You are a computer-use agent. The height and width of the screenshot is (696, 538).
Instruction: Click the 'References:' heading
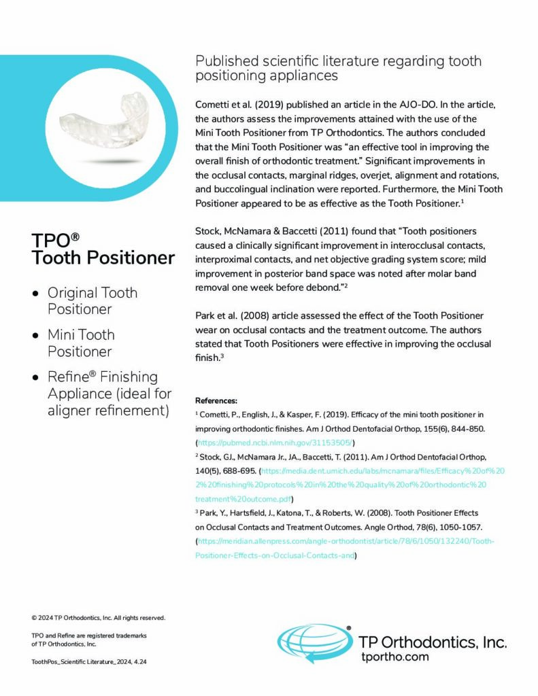click(216, 400)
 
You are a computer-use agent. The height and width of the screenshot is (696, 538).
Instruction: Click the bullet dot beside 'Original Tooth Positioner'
click(35, 294)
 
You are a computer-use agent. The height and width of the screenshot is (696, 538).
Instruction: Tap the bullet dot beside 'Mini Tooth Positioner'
click(35, 335)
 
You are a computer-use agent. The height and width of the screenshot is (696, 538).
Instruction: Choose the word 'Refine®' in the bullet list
click(73, 377)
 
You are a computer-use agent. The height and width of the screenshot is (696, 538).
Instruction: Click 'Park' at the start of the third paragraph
click(207, 316)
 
